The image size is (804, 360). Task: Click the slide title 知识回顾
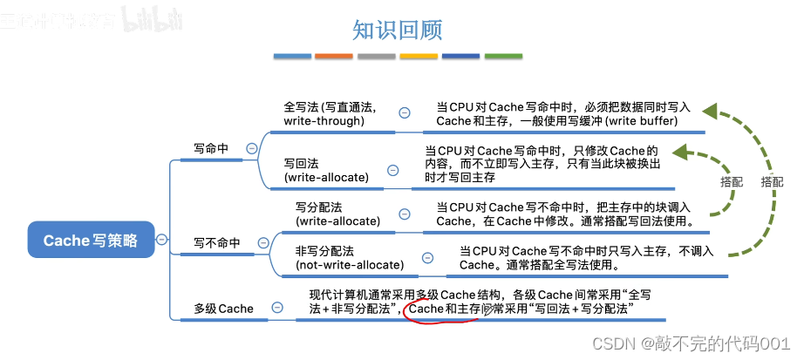tap(398, 31)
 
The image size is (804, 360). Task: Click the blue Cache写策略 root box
tap(90, 241)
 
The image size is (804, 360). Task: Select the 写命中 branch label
tap(211, 149)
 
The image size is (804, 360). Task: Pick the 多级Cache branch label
tap(224, 309)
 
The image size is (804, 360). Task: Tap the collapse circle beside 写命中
tap(252, 149)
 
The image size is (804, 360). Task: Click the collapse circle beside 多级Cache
tap(277, 308)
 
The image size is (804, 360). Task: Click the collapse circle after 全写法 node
tap(405, 112)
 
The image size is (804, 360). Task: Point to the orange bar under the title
tap(333, 57)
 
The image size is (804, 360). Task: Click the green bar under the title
tap(502, 57)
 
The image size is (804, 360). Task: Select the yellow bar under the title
tap(418, 57)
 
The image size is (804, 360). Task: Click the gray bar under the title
tap(376, 57)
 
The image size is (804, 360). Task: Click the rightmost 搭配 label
tap(772, 182)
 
